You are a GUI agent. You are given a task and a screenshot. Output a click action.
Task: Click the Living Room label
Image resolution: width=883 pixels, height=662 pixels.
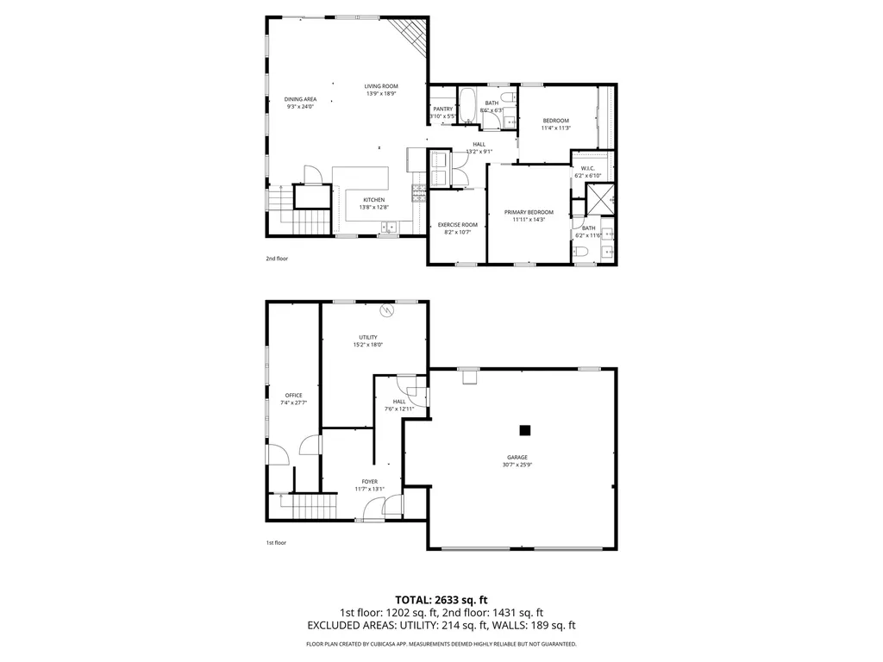tap(381, 86)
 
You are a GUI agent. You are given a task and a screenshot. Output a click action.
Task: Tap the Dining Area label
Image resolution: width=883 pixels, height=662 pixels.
tap(300, 99)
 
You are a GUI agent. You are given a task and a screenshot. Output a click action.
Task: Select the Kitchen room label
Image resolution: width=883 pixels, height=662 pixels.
tap(373, 200)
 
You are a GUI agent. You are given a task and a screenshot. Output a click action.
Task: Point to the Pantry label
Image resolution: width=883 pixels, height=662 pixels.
tap(443, 109)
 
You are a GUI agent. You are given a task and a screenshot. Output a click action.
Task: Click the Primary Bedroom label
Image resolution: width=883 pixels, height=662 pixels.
tap(529, 212)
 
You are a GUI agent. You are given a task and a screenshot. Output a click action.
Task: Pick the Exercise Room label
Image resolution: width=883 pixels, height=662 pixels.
tap(457, 225)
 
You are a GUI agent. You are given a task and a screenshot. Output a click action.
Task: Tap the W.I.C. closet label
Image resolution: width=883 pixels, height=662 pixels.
tap(587, 168)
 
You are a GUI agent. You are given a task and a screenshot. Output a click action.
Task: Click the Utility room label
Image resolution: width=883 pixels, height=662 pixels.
tap(368, 337)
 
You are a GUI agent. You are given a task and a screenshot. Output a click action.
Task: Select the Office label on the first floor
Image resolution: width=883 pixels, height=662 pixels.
tap(294, 395)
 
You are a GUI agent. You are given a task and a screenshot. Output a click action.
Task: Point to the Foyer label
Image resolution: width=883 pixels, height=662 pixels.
tap(369, 482)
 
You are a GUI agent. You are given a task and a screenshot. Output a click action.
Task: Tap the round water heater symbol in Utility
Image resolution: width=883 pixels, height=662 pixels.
tap(387, 309)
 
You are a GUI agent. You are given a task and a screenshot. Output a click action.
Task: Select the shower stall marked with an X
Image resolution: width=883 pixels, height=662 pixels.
tap(598, 199)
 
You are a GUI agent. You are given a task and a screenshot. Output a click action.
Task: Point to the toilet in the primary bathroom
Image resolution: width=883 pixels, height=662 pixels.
tap(582, 251)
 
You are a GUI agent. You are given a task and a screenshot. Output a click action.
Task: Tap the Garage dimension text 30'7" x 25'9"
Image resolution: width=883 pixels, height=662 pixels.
tap(517, 465)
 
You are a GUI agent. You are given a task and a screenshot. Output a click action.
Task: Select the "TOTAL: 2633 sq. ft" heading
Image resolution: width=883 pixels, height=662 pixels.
tap(441, 599)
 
